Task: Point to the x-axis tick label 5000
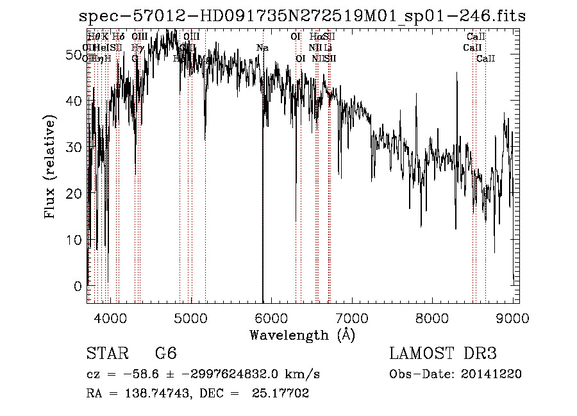191,319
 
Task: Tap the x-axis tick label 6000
272,319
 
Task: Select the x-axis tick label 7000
353,319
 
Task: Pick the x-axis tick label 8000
433,319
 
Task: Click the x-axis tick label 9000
513,319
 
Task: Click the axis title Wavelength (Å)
302,335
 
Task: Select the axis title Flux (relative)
50,167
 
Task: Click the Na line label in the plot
262,48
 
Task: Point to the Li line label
328,48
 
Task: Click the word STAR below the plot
106,354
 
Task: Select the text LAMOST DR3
443,354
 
